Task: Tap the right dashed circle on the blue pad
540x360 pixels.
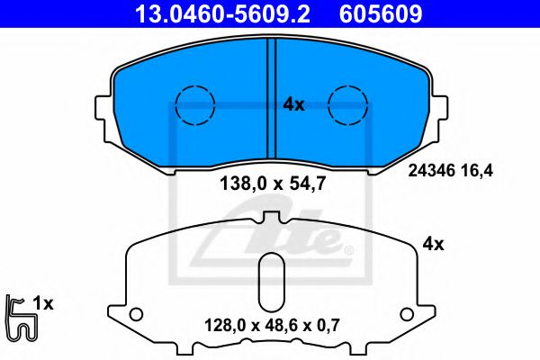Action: pos(348,105)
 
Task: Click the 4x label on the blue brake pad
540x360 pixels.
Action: pos(294,104)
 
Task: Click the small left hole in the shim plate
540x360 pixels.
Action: pos(136,314)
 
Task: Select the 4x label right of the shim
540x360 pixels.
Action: pos(434,243)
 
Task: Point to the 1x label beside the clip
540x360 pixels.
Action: pos(43,304)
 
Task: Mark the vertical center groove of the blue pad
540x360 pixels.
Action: pos(271,99)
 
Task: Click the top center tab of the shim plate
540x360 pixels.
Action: pos(271,220)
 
